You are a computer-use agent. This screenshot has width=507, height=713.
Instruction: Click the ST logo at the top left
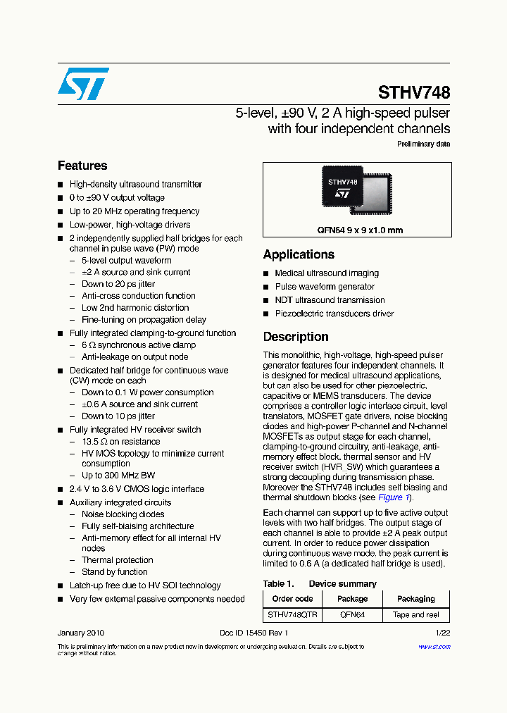point(83,84)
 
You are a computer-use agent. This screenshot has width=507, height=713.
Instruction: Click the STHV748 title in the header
point(413,92)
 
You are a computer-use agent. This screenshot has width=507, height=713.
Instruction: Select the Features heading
point(82,166)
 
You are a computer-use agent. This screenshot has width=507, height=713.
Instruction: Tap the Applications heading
point(299,254)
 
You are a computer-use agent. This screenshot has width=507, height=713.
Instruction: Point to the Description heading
point(296,337)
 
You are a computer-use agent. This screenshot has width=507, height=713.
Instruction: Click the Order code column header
point(292,599)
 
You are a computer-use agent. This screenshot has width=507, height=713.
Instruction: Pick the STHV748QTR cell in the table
point(292,614)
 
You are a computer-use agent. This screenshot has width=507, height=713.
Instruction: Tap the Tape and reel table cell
point(415,614)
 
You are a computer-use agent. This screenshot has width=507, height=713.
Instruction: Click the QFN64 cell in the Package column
point(352,614)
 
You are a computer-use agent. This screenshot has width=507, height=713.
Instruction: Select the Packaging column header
point(415,599)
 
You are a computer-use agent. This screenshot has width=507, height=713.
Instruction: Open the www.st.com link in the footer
point(434,647)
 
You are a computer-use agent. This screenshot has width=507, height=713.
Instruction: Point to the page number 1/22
point(442,633)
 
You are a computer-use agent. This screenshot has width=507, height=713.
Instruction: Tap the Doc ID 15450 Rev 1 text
point(254,633)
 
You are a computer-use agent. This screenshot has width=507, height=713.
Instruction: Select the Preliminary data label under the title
point(423,144)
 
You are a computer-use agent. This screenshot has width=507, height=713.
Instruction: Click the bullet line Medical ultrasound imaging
point(327,273)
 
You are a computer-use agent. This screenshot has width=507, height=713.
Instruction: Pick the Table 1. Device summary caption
point(320,583)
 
